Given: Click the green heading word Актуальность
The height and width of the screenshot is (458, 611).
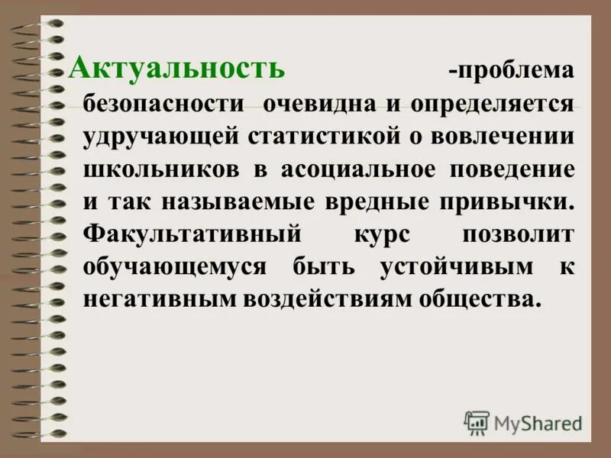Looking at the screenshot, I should pos(177,69).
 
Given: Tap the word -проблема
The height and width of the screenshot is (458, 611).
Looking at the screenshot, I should pos(510,71).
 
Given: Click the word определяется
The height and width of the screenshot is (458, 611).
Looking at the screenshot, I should pos(492,104).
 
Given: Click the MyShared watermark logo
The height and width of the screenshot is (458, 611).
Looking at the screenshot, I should pos(524,422).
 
